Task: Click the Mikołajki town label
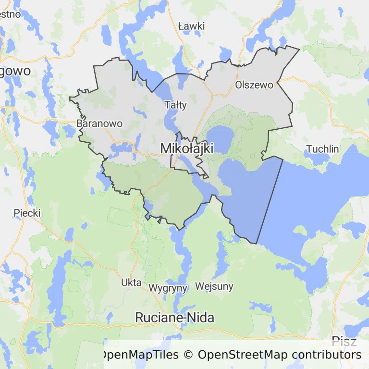[186, 148]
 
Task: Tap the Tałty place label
[175, 105]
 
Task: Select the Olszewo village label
[254, 85]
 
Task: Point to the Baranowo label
[99, 123]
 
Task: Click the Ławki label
[191, 26]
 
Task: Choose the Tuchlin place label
[322, 149]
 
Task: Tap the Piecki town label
[27, 213]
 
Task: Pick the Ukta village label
[131, 282]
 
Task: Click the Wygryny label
[168, 288]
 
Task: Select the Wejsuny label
[214, 287]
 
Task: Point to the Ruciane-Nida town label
[174, 318]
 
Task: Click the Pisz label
[344, 342]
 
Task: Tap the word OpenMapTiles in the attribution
[139, 355]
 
